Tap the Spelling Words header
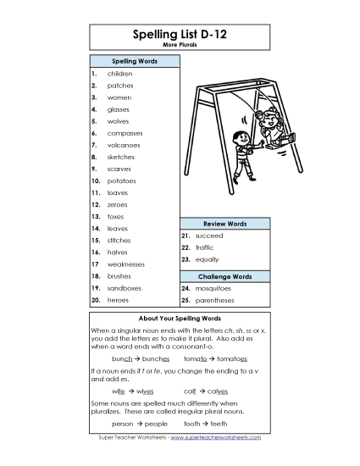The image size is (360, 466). click(134, 62)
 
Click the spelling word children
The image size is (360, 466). click(119, 74)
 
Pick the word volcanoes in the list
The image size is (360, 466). click(125, 145)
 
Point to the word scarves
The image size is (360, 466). click(119, 169)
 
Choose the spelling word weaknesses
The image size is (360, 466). click(126, 264)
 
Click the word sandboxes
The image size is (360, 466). click(125, 288)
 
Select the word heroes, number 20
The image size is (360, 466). click(118, 300)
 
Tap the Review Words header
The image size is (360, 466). click(224, 224)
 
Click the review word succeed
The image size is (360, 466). click(208, 235)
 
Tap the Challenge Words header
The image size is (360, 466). click(224, 276)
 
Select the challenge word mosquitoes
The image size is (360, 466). click(213, 288)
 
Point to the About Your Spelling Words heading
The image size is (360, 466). click(180, 319)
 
